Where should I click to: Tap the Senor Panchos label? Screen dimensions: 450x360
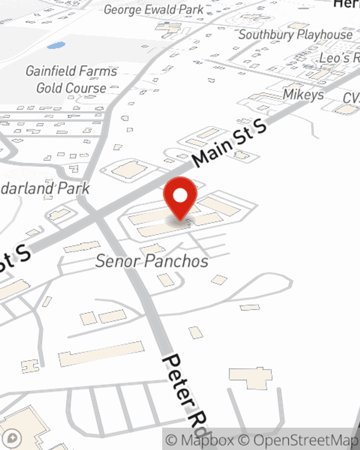click(x=152, y=261)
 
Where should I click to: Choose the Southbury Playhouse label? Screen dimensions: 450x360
click(x=295, y=35)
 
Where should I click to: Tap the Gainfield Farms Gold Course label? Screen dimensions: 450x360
click(x=71, y=80)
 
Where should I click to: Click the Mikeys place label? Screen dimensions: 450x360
click(x=303, y=94)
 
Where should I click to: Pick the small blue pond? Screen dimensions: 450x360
click(x=56, y=46)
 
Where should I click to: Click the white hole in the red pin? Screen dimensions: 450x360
click(x=180, y=195)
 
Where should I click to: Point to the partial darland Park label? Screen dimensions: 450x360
click(x=45, y=189)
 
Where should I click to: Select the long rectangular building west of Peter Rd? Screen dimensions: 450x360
click(x=101, y=353)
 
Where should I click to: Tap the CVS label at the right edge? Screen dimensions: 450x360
click(x=351, y=98)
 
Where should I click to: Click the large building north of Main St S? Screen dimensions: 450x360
click(x=130, y=170)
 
